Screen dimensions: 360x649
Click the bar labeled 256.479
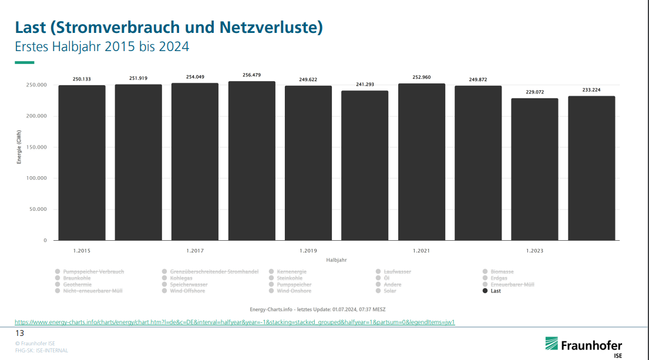251,161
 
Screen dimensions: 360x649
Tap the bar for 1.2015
82,163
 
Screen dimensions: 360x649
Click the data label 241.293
365,85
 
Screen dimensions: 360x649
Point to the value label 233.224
591,90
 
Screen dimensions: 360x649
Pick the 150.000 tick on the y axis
37,147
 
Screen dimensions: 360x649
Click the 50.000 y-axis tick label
38,210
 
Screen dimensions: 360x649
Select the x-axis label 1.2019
308,251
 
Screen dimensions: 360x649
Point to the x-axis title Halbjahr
336,259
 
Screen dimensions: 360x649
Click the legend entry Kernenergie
291,272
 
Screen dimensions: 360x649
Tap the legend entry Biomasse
501,272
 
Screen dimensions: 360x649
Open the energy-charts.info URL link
235,322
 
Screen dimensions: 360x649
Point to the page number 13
19,333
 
